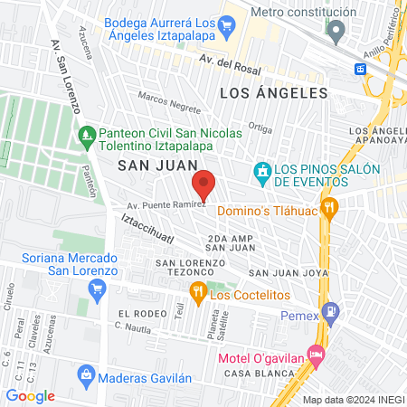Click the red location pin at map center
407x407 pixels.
coord(204,185)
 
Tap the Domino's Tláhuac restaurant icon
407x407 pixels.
coord(330,205)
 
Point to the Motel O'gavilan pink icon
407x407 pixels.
coord(315,355)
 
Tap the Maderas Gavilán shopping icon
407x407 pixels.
coord(86,374)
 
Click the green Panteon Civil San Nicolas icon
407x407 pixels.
coord(87,138)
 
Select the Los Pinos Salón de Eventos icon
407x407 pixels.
coord(262,170)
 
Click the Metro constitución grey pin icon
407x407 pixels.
coord(336,32)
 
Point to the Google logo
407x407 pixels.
coord(31,395)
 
